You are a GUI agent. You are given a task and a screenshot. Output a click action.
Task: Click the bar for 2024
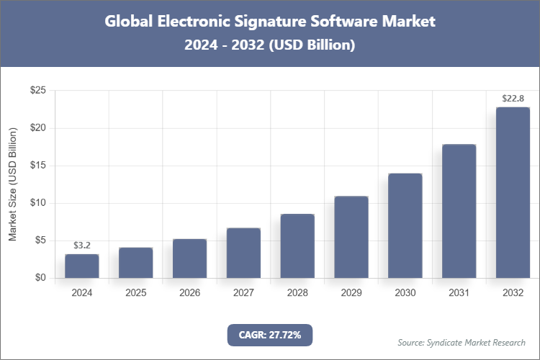(82, 266)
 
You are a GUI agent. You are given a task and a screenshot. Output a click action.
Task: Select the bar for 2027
(243, 253)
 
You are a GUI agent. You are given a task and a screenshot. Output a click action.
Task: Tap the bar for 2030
(405, 225)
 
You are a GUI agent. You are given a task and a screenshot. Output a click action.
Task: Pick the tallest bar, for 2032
(513, 192)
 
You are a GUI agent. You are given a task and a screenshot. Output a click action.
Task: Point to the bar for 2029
(351, 237)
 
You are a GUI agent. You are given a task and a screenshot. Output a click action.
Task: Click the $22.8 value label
(513, 99)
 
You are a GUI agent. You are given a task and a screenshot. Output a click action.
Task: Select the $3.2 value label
(82, 246)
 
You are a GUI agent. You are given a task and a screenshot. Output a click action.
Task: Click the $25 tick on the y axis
(38, 91)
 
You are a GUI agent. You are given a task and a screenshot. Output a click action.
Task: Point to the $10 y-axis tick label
(38, 203)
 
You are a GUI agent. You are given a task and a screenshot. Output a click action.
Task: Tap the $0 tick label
(40, 278)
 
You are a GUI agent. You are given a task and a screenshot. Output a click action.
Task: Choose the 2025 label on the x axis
(136, 293)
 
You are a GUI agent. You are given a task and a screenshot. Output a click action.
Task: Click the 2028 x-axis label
(297, 293)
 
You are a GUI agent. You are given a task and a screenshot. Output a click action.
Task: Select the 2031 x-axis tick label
(459, 293)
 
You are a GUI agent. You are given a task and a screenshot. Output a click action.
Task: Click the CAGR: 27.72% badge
(270, 335)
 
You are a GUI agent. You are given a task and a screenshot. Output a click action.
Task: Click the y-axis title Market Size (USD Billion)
(12, 184)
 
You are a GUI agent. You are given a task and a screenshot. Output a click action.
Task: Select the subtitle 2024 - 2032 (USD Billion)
(270, 45)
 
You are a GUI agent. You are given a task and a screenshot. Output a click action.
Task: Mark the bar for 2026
(189, 258)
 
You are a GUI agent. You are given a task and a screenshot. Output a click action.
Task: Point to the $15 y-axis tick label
(38, 166)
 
